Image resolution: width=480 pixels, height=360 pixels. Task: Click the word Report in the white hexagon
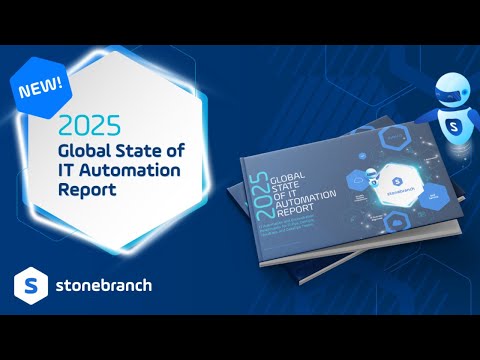click(87, 189)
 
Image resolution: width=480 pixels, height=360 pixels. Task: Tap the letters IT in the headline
click(70, 170)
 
